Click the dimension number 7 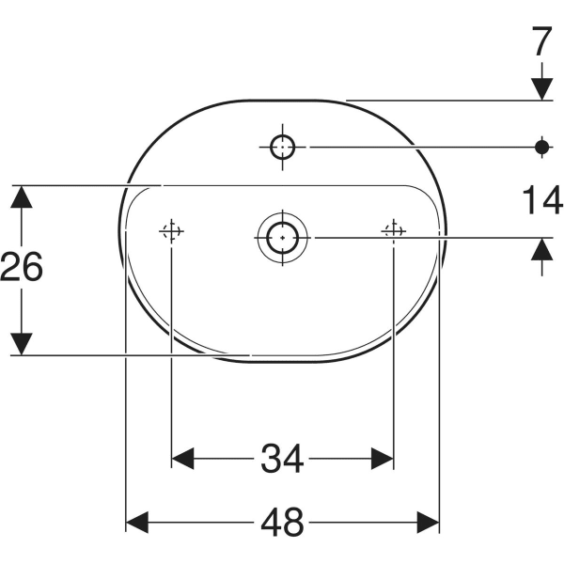(541, 43)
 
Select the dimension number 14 (541, 199)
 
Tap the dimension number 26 (22, 269)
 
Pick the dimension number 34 (281, 459)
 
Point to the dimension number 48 (281, 520)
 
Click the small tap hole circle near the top (282, 146)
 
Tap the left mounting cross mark (171, 230)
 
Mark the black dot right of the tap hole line (541, 146)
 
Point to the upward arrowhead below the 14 (541, 250)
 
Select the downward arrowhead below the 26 (22, 343)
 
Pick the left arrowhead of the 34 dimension (183, 459)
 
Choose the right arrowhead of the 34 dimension (381, 459)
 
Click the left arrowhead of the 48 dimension (138, 520)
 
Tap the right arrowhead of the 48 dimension (428, 520)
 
